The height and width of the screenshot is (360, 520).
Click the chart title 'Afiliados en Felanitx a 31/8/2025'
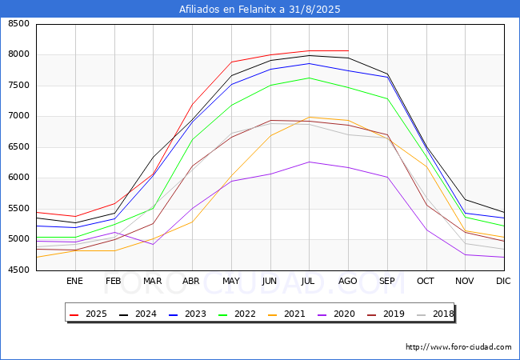pyautogui.click(x=260, y=10)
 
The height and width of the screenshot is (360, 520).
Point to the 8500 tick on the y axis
pyautogui.click(x=18, y=24)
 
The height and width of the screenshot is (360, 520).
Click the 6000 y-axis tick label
pyautogui.click(x=18, y=178)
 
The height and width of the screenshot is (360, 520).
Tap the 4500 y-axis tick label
pyautogui.click(x=18, y=270)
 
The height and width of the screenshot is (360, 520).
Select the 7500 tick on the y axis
pyautogui.click(x=18, y=86)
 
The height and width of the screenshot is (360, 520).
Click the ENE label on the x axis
pyautogui.click(x=74, y=281)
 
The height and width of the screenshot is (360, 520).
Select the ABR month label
pyautogui.click(x=191, y=281)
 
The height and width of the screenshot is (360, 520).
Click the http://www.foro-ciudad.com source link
pyautogui.click(x=458, y=347)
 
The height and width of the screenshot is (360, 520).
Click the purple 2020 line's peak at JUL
pyautogui.click(x=309, y=162)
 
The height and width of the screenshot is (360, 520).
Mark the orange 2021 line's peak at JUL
pyautogui.click(x=309, y=117)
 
